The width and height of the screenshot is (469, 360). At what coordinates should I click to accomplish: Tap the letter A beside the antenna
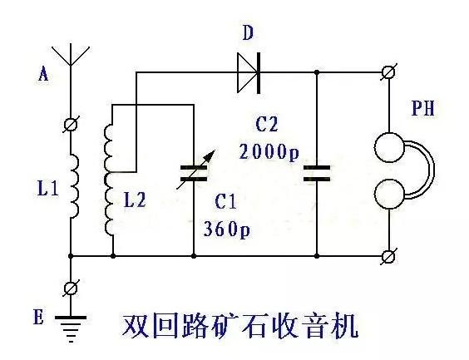43,74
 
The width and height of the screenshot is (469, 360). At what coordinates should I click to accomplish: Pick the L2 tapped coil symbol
110,178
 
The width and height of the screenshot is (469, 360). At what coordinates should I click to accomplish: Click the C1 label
225,202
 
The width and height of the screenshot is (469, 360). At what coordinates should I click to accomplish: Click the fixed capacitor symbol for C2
317,174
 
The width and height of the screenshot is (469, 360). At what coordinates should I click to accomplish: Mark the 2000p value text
269,152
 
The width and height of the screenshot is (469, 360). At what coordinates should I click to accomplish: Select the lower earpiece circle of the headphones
388,197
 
